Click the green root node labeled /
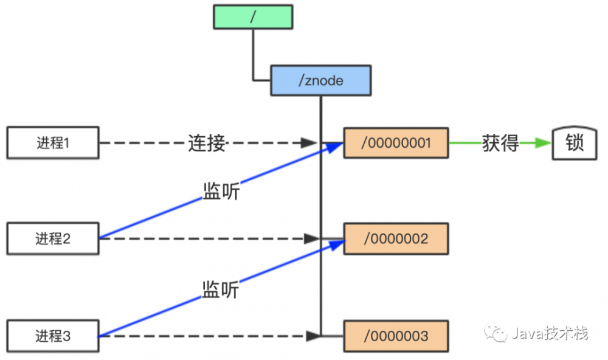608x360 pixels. tap(253, 17)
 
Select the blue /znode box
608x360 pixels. tap(320, 81)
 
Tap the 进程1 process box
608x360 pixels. tap(52, 144)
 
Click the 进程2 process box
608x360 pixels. tap(52, 238)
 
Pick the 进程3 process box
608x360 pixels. tap(52, 335)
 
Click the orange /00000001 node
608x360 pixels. tap(396, 144)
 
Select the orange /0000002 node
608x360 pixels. tap(396, 238)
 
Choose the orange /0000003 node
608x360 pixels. tap(396, 335)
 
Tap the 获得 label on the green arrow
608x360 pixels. tap(500, 144)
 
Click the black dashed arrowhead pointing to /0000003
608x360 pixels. tap(313, 335)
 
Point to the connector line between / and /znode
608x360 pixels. tap(254, 55)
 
